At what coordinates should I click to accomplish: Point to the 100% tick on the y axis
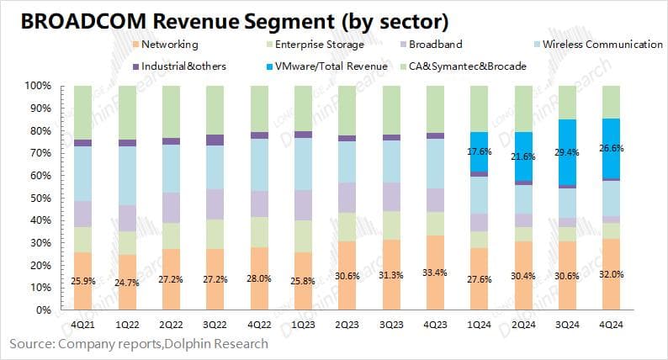click(40, 86)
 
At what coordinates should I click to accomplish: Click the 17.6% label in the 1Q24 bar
click(479, 151)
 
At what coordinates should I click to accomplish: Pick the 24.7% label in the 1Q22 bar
click(127, 283)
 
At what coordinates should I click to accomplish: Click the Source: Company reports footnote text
click(140, 343)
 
